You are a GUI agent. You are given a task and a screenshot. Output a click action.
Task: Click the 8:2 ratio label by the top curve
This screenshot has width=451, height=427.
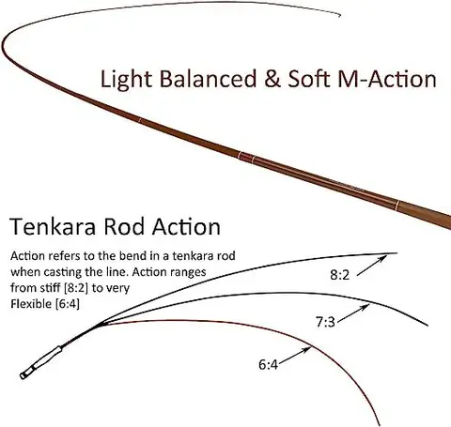339,275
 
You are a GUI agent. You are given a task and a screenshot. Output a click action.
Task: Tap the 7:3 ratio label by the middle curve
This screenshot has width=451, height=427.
325,322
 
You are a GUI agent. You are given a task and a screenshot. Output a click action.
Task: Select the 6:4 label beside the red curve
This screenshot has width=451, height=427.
268,364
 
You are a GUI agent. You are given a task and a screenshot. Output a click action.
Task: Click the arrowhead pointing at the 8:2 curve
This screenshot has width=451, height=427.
382,258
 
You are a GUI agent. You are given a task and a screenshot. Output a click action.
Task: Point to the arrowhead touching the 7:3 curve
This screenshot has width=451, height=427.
365,307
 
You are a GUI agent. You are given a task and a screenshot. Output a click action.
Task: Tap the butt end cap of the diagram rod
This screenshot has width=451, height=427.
24,374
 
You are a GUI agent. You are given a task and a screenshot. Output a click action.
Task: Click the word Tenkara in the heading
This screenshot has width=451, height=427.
53,226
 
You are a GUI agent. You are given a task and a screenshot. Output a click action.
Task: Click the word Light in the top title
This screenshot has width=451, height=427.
126,79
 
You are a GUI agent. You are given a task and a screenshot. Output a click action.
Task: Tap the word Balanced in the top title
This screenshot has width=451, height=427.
208,79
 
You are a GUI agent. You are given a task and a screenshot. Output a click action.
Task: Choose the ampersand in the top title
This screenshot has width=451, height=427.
272,79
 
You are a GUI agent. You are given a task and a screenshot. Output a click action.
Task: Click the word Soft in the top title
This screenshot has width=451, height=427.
308,79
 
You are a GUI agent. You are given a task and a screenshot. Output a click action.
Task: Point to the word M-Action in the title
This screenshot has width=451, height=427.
387,79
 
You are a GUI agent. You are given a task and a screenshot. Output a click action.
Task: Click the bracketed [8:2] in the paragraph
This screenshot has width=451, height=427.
75,288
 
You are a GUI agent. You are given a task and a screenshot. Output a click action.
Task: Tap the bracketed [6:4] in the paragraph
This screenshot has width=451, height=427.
67,304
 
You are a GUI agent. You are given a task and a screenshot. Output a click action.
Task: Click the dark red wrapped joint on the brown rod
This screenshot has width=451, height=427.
246,157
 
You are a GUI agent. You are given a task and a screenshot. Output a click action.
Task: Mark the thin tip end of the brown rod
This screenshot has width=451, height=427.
340,15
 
